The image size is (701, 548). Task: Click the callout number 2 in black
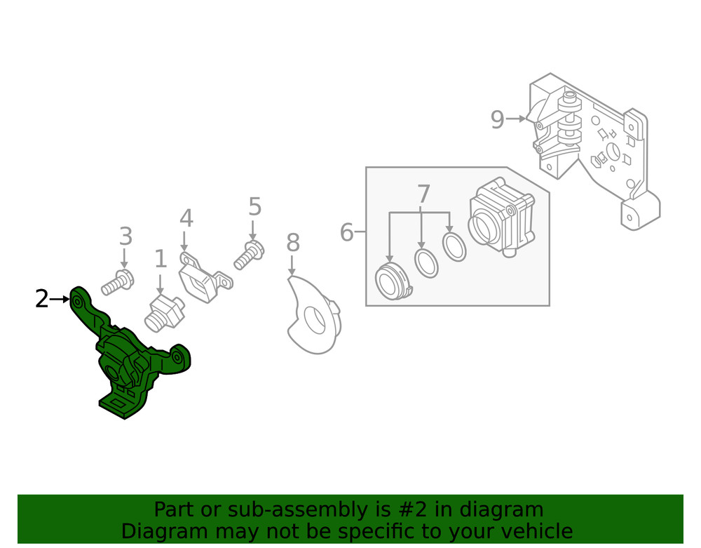point(42,300)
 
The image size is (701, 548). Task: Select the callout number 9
point(497,120)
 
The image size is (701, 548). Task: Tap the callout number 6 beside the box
point(346,232)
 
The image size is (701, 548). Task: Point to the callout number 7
point(423,195)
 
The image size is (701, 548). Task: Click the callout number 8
point(293,243)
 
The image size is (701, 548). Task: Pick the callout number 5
point(254,207)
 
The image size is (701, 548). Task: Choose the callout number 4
point(186,219)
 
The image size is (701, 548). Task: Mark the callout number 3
point(125,236)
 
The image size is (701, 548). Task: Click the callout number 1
point(161,260)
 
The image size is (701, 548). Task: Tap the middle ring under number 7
point(426,262)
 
